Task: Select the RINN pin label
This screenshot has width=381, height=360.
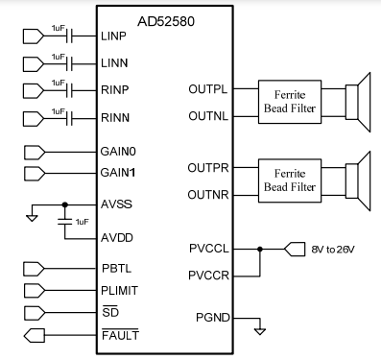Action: click(115, 120)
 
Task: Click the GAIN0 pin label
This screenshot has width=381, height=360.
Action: click(119, 152)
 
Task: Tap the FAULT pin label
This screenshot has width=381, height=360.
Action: click(120, 335)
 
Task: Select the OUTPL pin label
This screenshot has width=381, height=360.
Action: click(208, 89)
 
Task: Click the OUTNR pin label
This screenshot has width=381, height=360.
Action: click(207, 194)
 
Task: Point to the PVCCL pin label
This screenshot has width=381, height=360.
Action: click(207, 249)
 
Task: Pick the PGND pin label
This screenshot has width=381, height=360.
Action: click(211, 316)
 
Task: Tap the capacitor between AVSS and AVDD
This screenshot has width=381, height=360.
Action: click(65, 221)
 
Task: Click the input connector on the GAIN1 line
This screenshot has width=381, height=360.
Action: click(35, 174)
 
